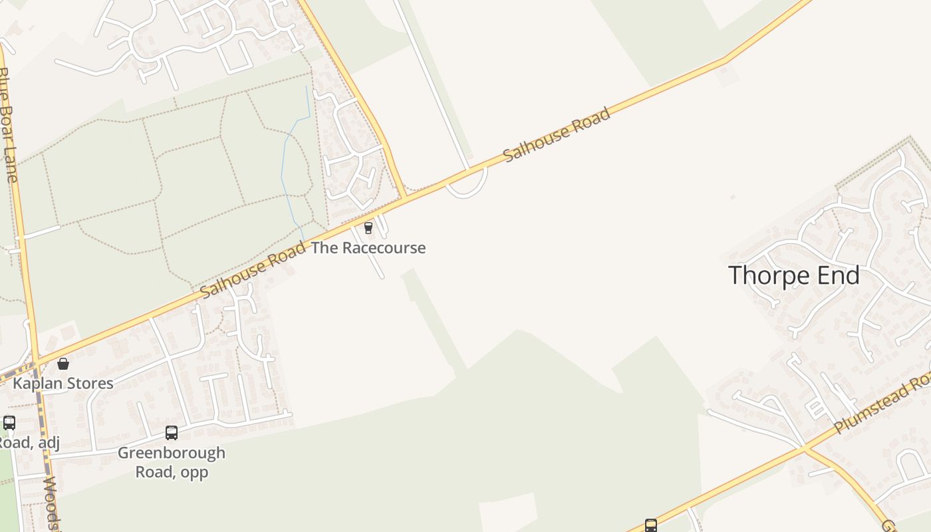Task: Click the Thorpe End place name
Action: click(794, 275)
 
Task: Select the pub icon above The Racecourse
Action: click(368, 228)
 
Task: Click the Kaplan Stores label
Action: click(63, 384)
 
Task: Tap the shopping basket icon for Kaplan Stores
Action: click(63, 364)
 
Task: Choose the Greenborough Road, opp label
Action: click(172, 462)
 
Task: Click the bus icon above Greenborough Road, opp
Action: click(172, 433)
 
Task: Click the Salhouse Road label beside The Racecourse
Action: click(253, 269)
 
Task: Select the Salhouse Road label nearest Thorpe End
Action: click(557, 134)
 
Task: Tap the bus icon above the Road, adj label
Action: click(9, 423)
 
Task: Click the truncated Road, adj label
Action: click(29, 443)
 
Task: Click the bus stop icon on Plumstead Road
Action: click(651, 525)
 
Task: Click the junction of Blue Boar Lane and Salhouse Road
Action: click(35, 362)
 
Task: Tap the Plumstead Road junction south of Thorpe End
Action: click(805, 449)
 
